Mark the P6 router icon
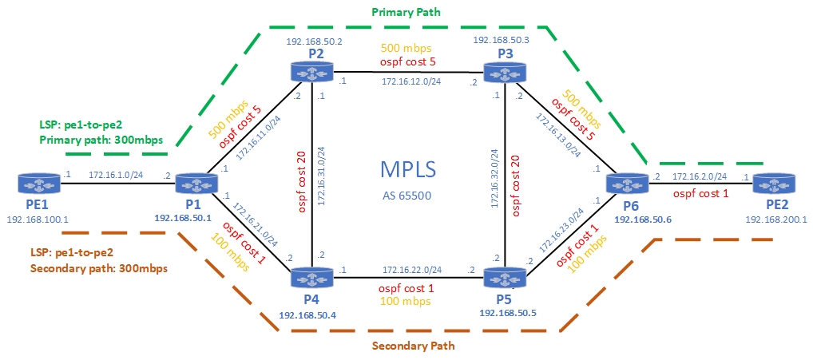click(625, 183)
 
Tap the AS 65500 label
click(408, 195)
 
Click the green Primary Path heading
click(406, 14)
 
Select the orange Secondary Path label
click(413, 346)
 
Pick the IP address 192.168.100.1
click(38, 216)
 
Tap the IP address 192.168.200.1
click(775, 217)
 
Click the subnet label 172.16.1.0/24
click(116, 174)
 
